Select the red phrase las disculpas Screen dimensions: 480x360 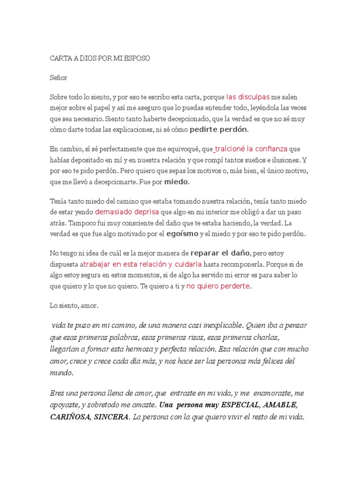247,97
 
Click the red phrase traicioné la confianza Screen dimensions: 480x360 251,149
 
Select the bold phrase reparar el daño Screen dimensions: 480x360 220,254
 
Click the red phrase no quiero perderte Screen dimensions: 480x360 218,285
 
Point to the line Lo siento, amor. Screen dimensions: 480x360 75,305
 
